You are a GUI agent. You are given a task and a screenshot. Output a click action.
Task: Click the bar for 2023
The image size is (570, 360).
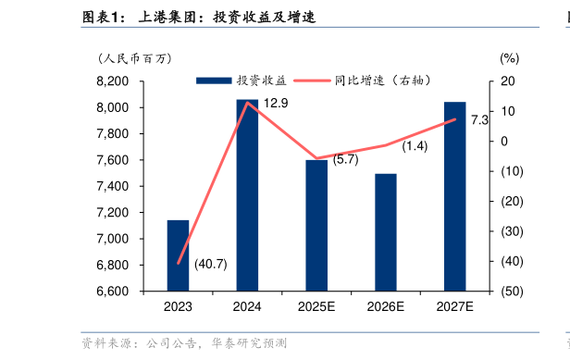178,255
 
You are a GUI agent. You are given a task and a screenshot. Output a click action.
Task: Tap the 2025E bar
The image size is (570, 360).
316,225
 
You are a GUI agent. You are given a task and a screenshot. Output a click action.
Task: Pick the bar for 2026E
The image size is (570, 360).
386,232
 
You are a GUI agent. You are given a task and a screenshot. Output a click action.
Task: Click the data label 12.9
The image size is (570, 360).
276,104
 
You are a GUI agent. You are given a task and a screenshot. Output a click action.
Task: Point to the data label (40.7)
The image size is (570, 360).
210,264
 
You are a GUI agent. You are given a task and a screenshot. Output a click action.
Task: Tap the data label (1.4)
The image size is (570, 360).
415,146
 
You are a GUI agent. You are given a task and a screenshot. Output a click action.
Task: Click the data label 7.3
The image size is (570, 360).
479,120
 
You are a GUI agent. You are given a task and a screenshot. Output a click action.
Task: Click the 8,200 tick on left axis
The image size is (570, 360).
115,81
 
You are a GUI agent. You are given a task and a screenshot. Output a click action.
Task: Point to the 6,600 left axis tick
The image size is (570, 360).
115,292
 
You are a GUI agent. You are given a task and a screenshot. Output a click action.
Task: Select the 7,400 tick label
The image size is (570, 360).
115,186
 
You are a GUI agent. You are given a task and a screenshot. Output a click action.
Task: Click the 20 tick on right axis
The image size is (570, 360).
508,81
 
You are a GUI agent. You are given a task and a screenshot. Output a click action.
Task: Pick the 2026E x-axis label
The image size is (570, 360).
386,307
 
